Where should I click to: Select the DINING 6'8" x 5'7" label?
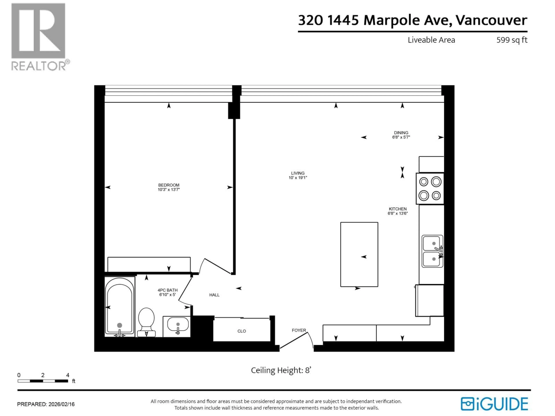click(401, 135)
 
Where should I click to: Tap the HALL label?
click(214, 295)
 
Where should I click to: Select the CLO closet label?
click(242, 331)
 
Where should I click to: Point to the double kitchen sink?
click(432, 251)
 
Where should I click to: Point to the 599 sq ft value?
click(512, 40)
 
